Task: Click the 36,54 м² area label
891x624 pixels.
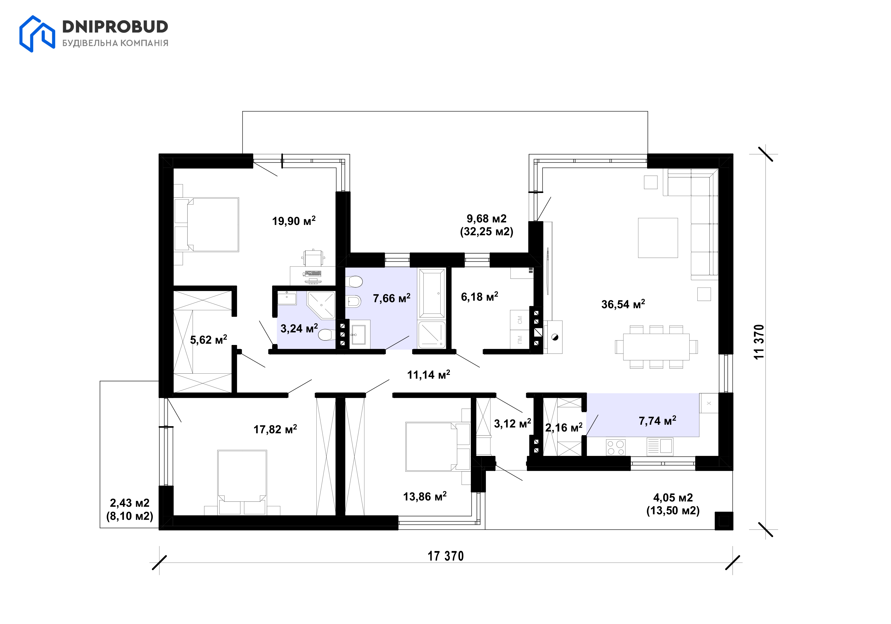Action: point(623,304)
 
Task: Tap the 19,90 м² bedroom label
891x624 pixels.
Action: point(294,221)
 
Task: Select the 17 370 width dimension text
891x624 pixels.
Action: point(446,556)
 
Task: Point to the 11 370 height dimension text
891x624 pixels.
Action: point(759,342)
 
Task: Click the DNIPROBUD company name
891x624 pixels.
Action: point(115,26)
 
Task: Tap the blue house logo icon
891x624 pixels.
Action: point(37,34)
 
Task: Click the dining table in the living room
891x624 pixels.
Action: point(656,347)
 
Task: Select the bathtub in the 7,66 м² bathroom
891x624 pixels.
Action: point(432,293)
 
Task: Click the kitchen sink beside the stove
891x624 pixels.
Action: point(660,447)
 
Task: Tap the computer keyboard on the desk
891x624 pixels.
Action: point(313,273)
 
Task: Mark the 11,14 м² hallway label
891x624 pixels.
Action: point(429,375)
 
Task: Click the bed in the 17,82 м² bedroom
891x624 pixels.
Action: point(242,482)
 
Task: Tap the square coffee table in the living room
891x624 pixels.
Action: point(658,238)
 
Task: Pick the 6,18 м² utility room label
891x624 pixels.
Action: point(479,297)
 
